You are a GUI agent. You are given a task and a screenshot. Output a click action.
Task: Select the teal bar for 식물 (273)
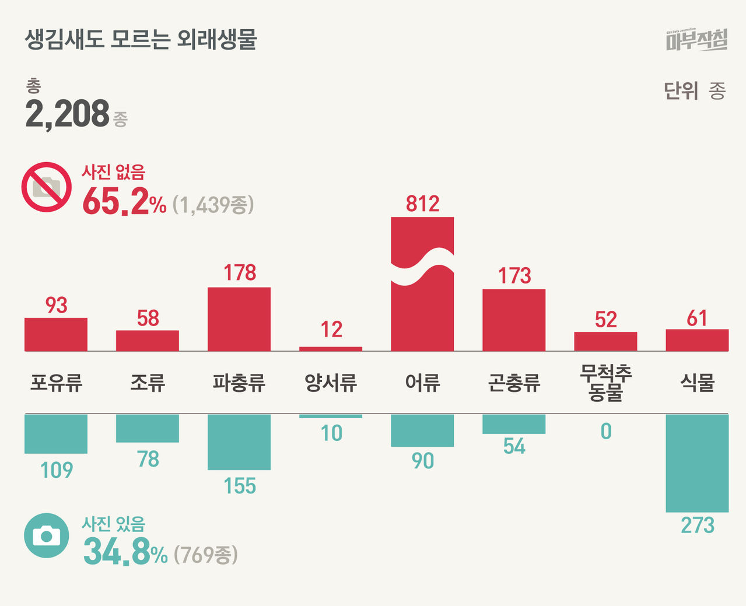(697, 463)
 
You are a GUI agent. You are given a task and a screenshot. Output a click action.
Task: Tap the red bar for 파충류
(239, 319)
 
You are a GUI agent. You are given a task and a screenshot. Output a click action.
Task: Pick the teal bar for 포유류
(56, 434)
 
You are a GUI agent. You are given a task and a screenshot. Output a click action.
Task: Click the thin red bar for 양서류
(331, 349)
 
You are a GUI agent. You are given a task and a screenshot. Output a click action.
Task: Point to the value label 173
(514, 275)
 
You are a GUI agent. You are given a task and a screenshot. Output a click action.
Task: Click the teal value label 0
(605, 432)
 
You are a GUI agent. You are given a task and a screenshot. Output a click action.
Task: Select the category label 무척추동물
(605, 383)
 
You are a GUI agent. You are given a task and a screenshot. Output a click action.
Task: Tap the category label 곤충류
(514, 383)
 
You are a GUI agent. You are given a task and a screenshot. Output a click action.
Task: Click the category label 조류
(148, 383)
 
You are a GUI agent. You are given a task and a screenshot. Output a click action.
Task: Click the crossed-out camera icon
(47, 187)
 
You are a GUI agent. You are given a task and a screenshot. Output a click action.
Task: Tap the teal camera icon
(47, 535)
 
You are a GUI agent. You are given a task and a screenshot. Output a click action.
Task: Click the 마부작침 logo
(696, 40)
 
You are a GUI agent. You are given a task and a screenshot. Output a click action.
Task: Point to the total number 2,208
(67, 114)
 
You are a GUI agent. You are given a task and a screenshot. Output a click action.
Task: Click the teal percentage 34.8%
(125, 552)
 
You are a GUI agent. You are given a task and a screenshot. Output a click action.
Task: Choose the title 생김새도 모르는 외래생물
(141, 40)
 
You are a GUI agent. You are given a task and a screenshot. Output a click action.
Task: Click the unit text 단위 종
(694, 91)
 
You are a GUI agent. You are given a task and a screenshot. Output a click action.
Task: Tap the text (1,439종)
(213, 205)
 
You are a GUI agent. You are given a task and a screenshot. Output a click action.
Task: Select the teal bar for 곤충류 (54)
(514, 424)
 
